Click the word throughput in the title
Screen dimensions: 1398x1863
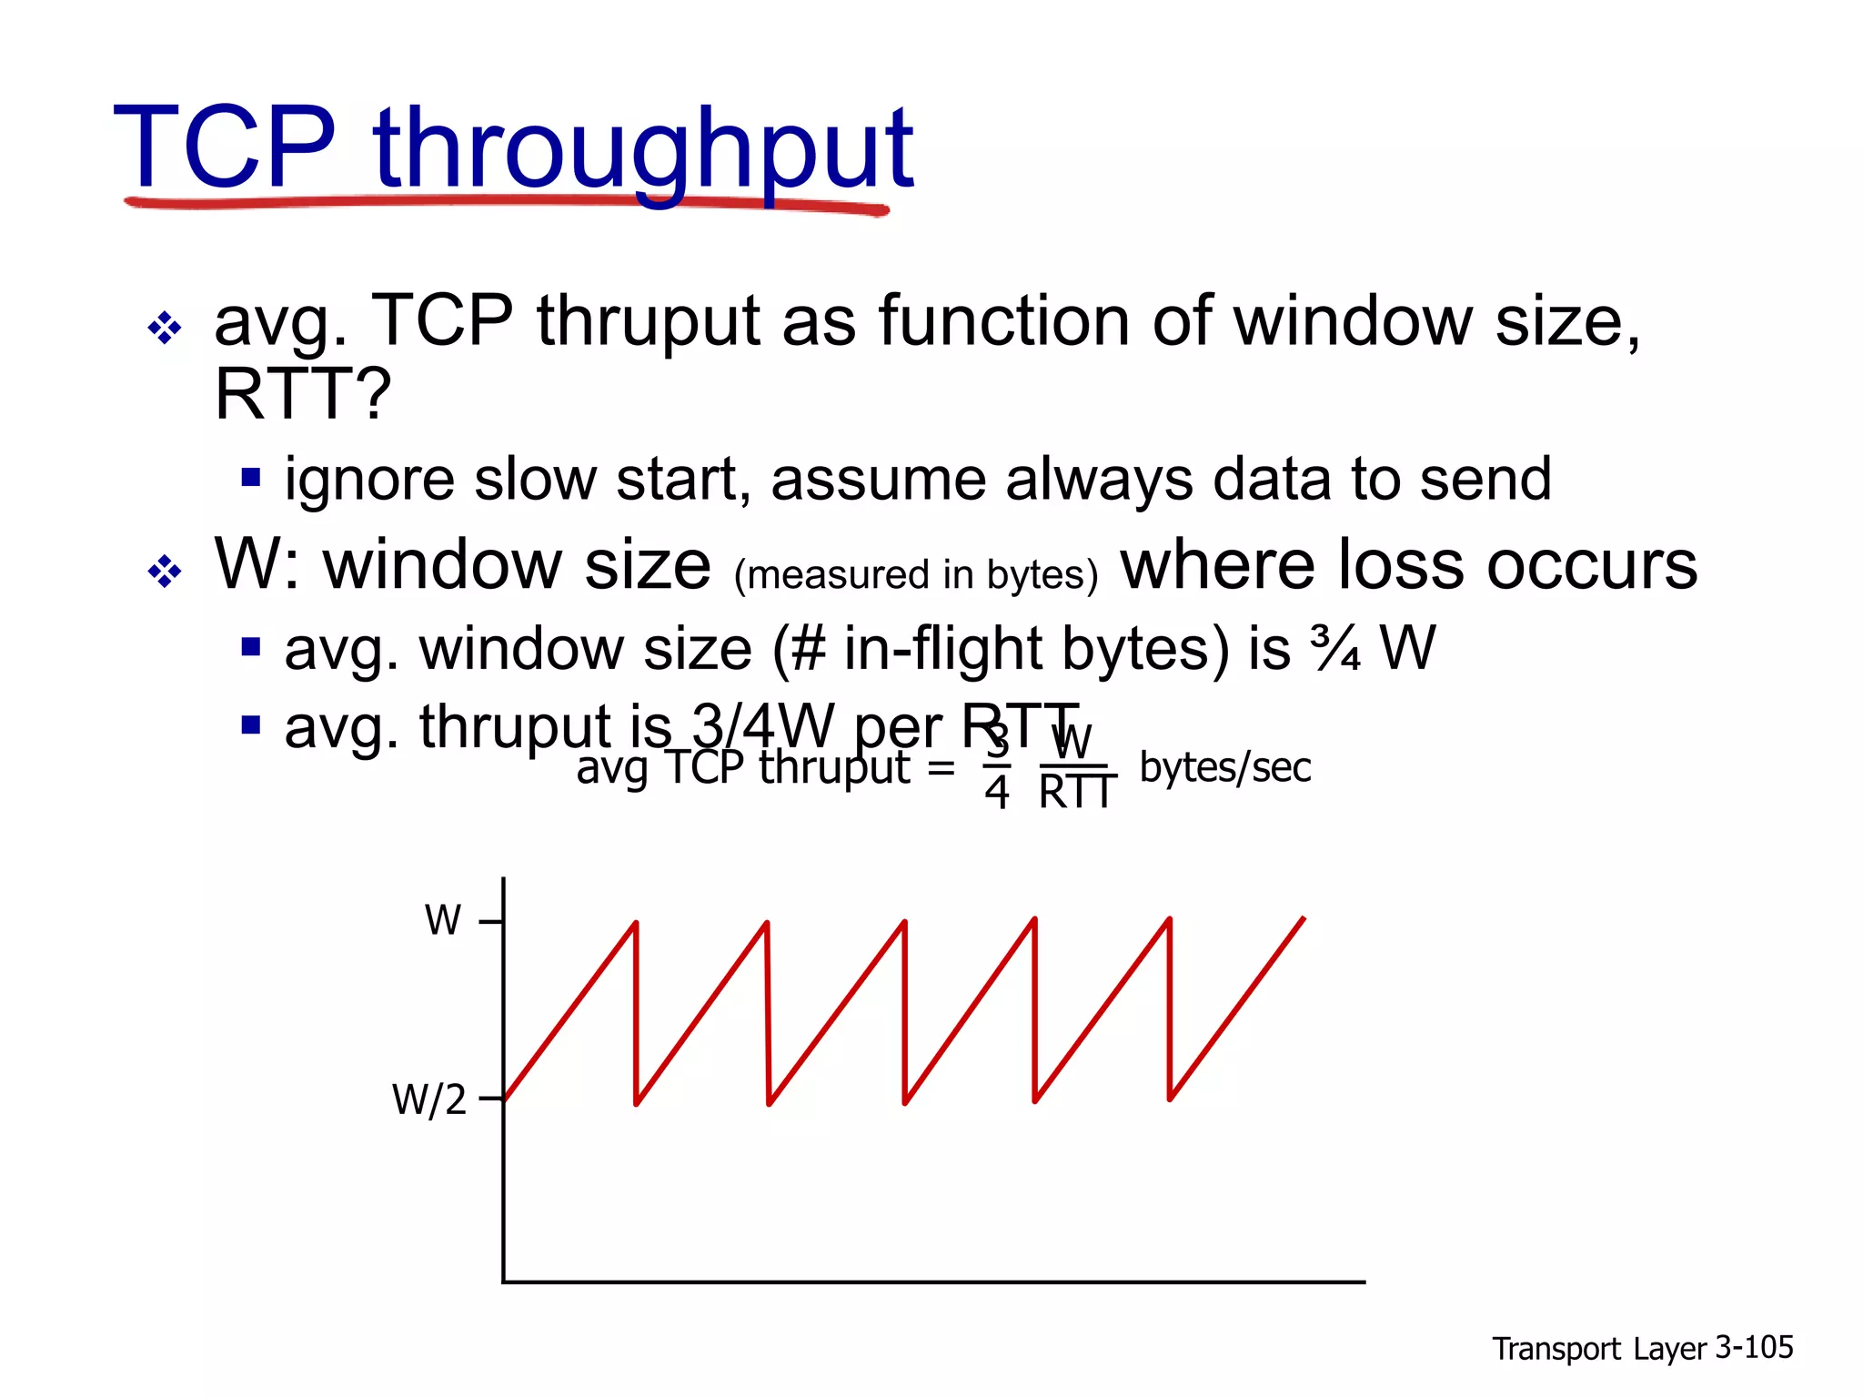tap(642, 151)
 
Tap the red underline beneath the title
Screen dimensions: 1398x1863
tap(506, 203)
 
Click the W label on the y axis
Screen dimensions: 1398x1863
tap(443, 920)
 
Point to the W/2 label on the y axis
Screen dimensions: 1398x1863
tap(428, 1099)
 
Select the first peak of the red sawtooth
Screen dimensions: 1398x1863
tap(635, 924)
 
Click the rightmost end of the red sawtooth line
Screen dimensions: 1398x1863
tap(1303, 919)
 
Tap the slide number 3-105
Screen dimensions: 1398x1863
tap(1753, 1346)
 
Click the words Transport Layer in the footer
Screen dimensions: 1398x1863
tap(1599, 1348)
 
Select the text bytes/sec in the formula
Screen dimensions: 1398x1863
tap(1224, 767)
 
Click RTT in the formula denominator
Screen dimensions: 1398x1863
tap(1077, 793)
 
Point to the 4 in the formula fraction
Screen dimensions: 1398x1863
tap(997, 793)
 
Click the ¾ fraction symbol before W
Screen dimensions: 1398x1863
tap(1335, 649)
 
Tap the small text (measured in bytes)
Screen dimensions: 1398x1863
tap(916, 575)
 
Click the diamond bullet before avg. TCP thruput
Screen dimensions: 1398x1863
tap(165, 328)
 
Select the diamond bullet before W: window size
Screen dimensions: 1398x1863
tap(165, 572)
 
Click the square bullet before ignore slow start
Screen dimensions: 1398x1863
tap(251, 478)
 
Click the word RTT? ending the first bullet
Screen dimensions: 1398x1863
tap(302, 393)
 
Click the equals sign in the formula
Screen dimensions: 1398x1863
tap(942, 768)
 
